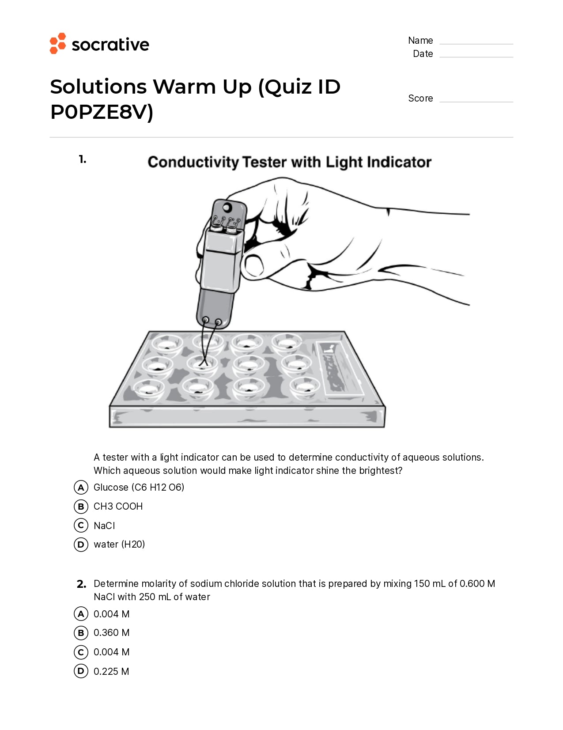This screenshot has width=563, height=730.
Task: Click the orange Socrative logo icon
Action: tap(58, 43)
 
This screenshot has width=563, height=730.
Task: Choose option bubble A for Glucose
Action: tap(81, 488)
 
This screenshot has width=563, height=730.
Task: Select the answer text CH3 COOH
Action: tap(118, 507)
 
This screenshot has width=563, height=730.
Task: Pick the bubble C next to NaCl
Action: tap(81, 526)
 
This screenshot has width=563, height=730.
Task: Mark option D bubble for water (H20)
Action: tap(81, 545)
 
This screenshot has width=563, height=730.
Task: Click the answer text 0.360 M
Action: tap(111, 633)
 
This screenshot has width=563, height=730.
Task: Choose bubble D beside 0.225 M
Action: tap(81, 671)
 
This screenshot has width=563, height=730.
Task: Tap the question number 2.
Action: tap(81, 584)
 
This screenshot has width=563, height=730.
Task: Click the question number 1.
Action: tap(82, 159)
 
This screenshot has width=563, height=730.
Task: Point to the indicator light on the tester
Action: tap(227, 207)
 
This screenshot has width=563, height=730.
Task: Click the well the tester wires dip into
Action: tap(203, 364)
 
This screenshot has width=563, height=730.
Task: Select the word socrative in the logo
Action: tap(110, 45)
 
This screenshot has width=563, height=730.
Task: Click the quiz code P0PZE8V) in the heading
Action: tap(102, 112)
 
